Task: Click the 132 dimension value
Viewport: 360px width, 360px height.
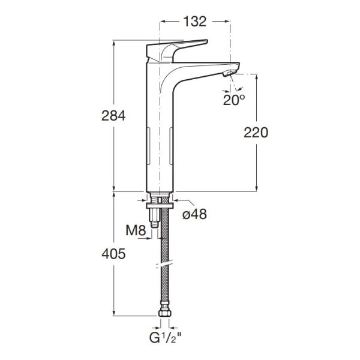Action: pos(195,22)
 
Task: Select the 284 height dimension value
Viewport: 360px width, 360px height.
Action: pos(113,116)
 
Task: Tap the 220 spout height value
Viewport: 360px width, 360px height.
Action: pos(256,133)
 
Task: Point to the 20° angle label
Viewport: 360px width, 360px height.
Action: pos(234,100)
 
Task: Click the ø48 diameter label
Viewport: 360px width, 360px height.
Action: pos(194,214)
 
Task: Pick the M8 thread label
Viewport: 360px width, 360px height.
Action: pos(136,230)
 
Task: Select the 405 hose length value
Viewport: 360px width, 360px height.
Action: pos(113,254)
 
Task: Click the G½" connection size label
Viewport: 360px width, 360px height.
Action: pos(166,338)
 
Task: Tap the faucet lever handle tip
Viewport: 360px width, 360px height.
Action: pos(206,41)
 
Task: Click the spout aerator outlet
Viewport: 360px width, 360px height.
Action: pos(229,73)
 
